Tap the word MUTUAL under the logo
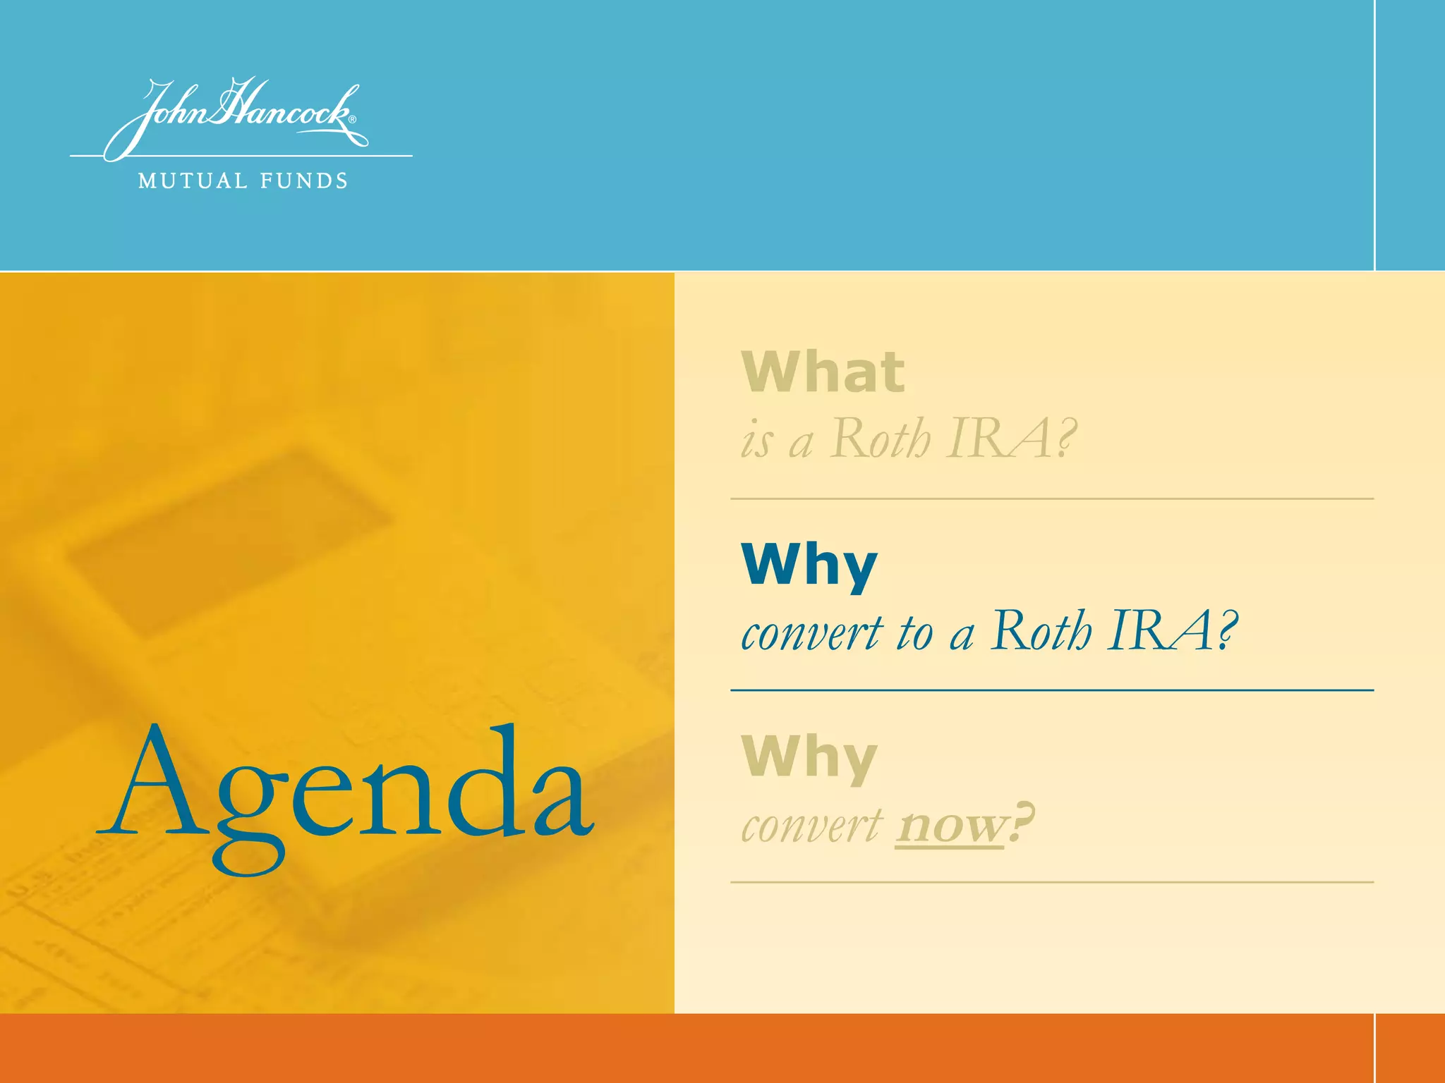click(193, 181)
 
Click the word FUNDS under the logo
click(304, 181)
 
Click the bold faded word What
click(823, 372)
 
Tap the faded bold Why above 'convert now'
click(809, 757)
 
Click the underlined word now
click(950, 825)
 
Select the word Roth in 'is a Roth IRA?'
click(880, 439)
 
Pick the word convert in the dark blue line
click(811, 632)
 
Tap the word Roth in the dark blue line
click(1041, 630)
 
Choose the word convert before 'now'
click(811, 825)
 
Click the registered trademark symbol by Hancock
click(353, 120)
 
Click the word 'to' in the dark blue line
click(914, 632)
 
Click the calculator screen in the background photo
click(226, 543)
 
